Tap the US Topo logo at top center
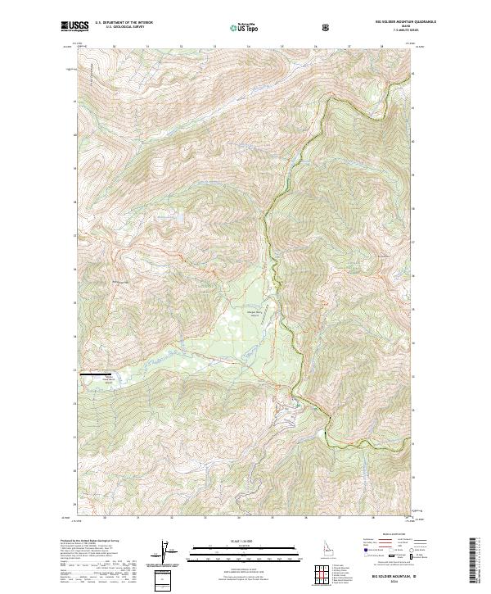coord(245,28)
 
